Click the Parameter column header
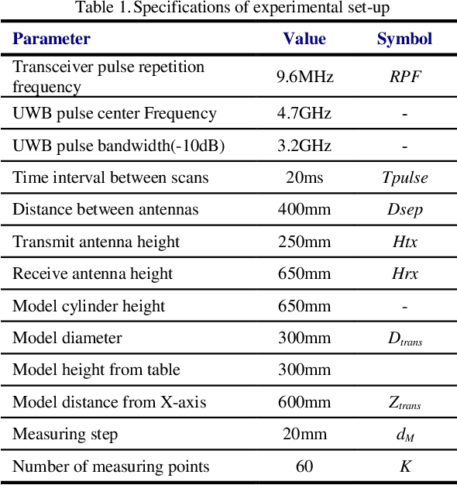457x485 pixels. [51, 39]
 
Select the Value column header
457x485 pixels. [304, 39]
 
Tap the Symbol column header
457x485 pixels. [404, 39]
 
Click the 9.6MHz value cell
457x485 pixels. [304, 77]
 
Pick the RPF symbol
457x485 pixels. [404, 77]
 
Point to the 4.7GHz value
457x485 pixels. [304, 114]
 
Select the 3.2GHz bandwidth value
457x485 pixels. [304, 146]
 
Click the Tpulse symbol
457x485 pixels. [404, 178]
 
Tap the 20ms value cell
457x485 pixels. [304, 177]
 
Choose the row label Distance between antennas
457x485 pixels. [105, 209]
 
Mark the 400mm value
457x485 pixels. [304, 209]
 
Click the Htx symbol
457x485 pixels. [404, 242]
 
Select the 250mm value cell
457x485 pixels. [304, 242]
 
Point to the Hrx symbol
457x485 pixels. [404, 273]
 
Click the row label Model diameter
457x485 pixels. [67, 338]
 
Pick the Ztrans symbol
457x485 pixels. [404, 403]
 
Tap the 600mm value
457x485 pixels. [304, 402]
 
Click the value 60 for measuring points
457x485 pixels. [304, 466]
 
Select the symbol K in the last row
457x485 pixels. [404, 466]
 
